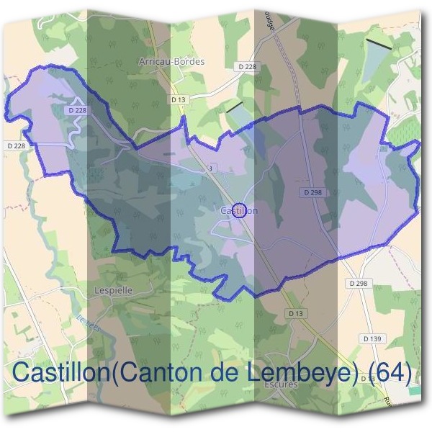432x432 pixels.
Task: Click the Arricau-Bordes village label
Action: coord(171,62)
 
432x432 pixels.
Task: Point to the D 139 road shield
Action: coord(372,338)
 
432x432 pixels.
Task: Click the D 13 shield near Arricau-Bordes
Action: coord(179,99)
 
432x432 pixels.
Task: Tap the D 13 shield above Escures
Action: coord(296,313)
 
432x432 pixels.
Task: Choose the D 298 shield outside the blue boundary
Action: coord(359,284)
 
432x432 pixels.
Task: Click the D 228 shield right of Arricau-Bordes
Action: coord(246,66)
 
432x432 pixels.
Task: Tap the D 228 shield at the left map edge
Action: coord(19,145)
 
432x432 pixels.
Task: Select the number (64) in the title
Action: coord(389,374)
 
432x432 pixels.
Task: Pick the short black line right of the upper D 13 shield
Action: coord(235,107)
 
